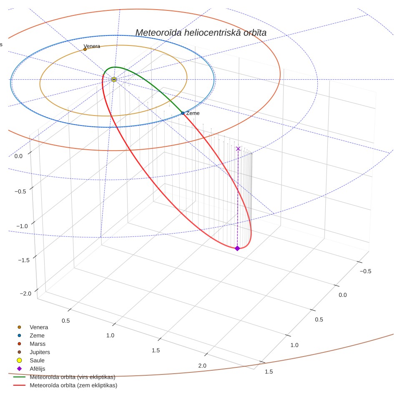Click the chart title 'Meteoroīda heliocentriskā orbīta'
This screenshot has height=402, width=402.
[201, 33]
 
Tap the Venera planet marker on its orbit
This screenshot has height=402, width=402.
[85, 49]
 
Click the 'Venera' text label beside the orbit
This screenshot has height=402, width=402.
[92, 46]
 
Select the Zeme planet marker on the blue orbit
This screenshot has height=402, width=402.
[183, 113]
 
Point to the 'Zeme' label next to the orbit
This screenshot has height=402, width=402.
[193, 113]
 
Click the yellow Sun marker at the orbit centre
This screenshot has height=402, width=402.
[114, 80]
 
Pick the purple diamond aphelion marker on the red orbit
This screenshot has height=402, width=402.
[237, 248]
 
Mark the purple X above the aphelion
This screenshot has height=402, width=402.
[238, 149]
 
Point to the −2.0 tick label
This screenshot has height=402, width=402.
[25, 294]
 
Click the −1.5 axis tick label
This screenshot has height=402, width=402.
[24, 260]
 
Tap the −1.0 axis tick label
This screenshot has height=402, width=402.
[22, 226]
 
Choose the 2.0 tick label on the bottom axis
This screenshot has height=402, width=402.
[202, 366]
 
